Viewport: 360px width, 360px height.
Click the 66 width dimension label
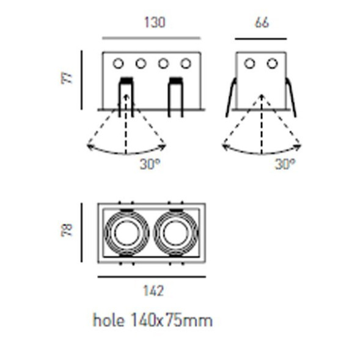(x=261, y=23)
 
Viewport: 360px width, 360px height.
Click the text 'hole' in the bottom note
(x=108, y=320)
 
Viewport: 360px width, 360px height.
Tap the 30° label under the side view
(x=284, y=163)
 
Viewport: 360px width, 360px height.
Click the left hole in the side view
(x=250, y=63)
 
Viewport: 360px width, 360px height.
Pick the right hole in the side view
(x=272, y=63)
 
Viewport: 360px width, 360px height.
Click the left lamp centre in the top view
(x=127, y=233)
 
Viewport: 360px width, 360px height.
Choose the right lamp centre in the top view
(x=176, y=233)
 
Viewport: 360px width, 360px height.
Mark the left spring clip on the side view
(x=230, y=98)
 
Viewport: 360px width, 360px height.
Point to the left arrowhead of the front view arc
(x=89, y=145)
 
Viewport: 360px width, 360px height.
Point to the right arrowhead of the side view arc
(x=299, y=145)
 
